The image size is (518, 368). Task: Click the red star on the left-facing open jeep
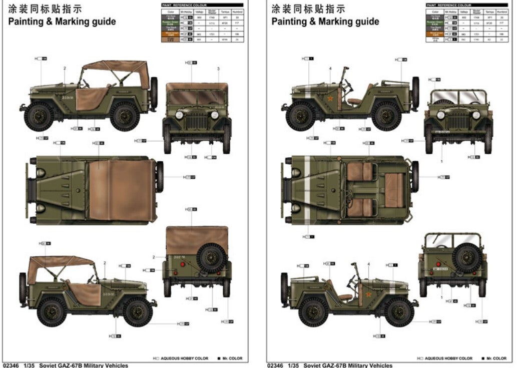click(331, 99)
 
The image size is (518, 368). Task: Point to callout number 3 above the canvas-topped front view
click(218, 69)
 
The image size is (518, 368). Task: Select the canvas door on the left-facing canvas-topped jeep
click(91, 100)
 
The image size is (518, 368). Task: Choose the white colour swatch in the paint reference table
click(435, 39)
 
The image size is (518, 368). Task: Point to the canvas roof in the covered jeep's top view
click(121, 190)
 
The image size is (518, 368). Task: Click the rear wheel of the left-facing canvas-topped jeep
click(125, 116)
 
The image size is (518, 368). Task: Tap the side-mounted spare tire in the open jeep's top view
click(414, 176)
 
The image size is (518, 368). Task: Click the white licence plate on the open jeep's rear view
click(439, 269)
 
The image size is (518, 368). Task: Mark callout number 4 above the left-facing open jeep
click(330, 68)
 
